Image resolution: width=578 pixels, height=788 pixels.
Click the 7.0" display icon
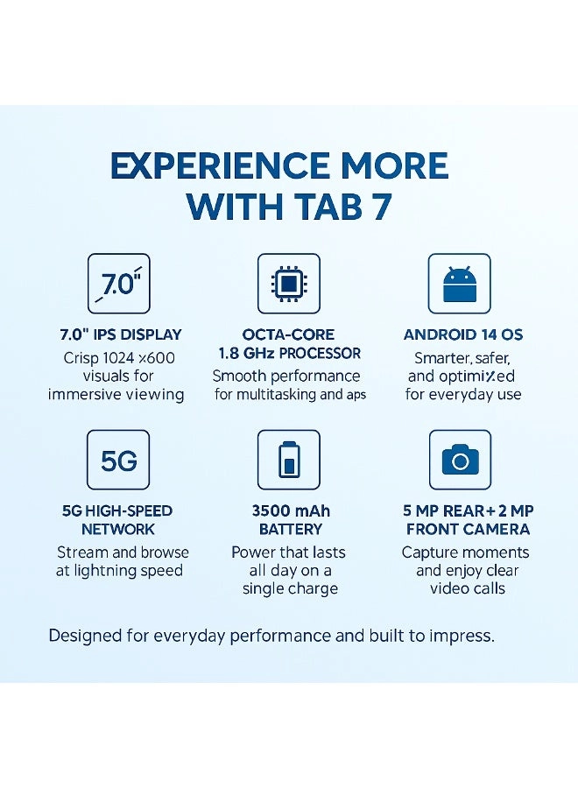tap(119, 284)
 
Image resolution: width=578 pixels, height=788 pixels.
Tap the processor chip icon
tap(288, 284)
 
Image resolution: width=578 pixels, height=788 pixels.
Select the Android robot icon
tap(459, 284)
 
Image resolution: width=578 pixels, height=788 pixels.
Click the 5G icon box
tap(119, 460)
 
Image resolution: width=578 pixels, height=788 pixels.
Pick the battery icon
tap(288, 460)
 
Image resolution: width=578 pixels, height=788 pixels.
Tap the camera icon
tap(459, 460)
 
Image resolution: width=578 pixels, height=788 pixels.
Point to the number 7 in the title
tap(380, 207)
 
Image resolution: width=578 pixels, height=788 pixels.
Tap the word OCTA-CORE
tap(289, 335)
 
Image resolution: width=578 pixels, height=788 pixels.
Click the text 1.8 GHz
tap(247, 354)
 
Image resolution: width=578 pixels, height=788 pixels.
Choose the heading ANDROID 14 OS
tap(463, 334)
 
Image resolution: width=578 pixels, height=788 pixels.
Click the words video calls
tap(467, 588)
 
